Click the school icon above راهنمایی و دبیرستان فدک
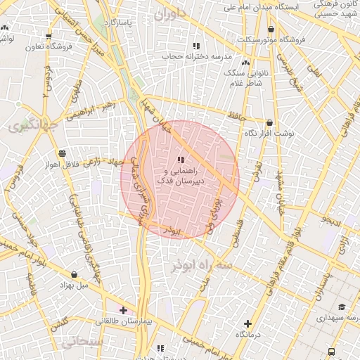tap(181, 160)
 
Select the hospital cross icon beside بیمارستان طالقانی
tap(123, 309)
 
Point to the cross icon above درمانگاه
tap(247, 324)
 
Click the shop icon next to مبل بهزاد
tap(75, 275)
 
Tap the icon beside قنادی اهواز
tap(63, 153)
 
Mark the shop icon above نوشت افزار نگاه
tap(269, 122)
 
